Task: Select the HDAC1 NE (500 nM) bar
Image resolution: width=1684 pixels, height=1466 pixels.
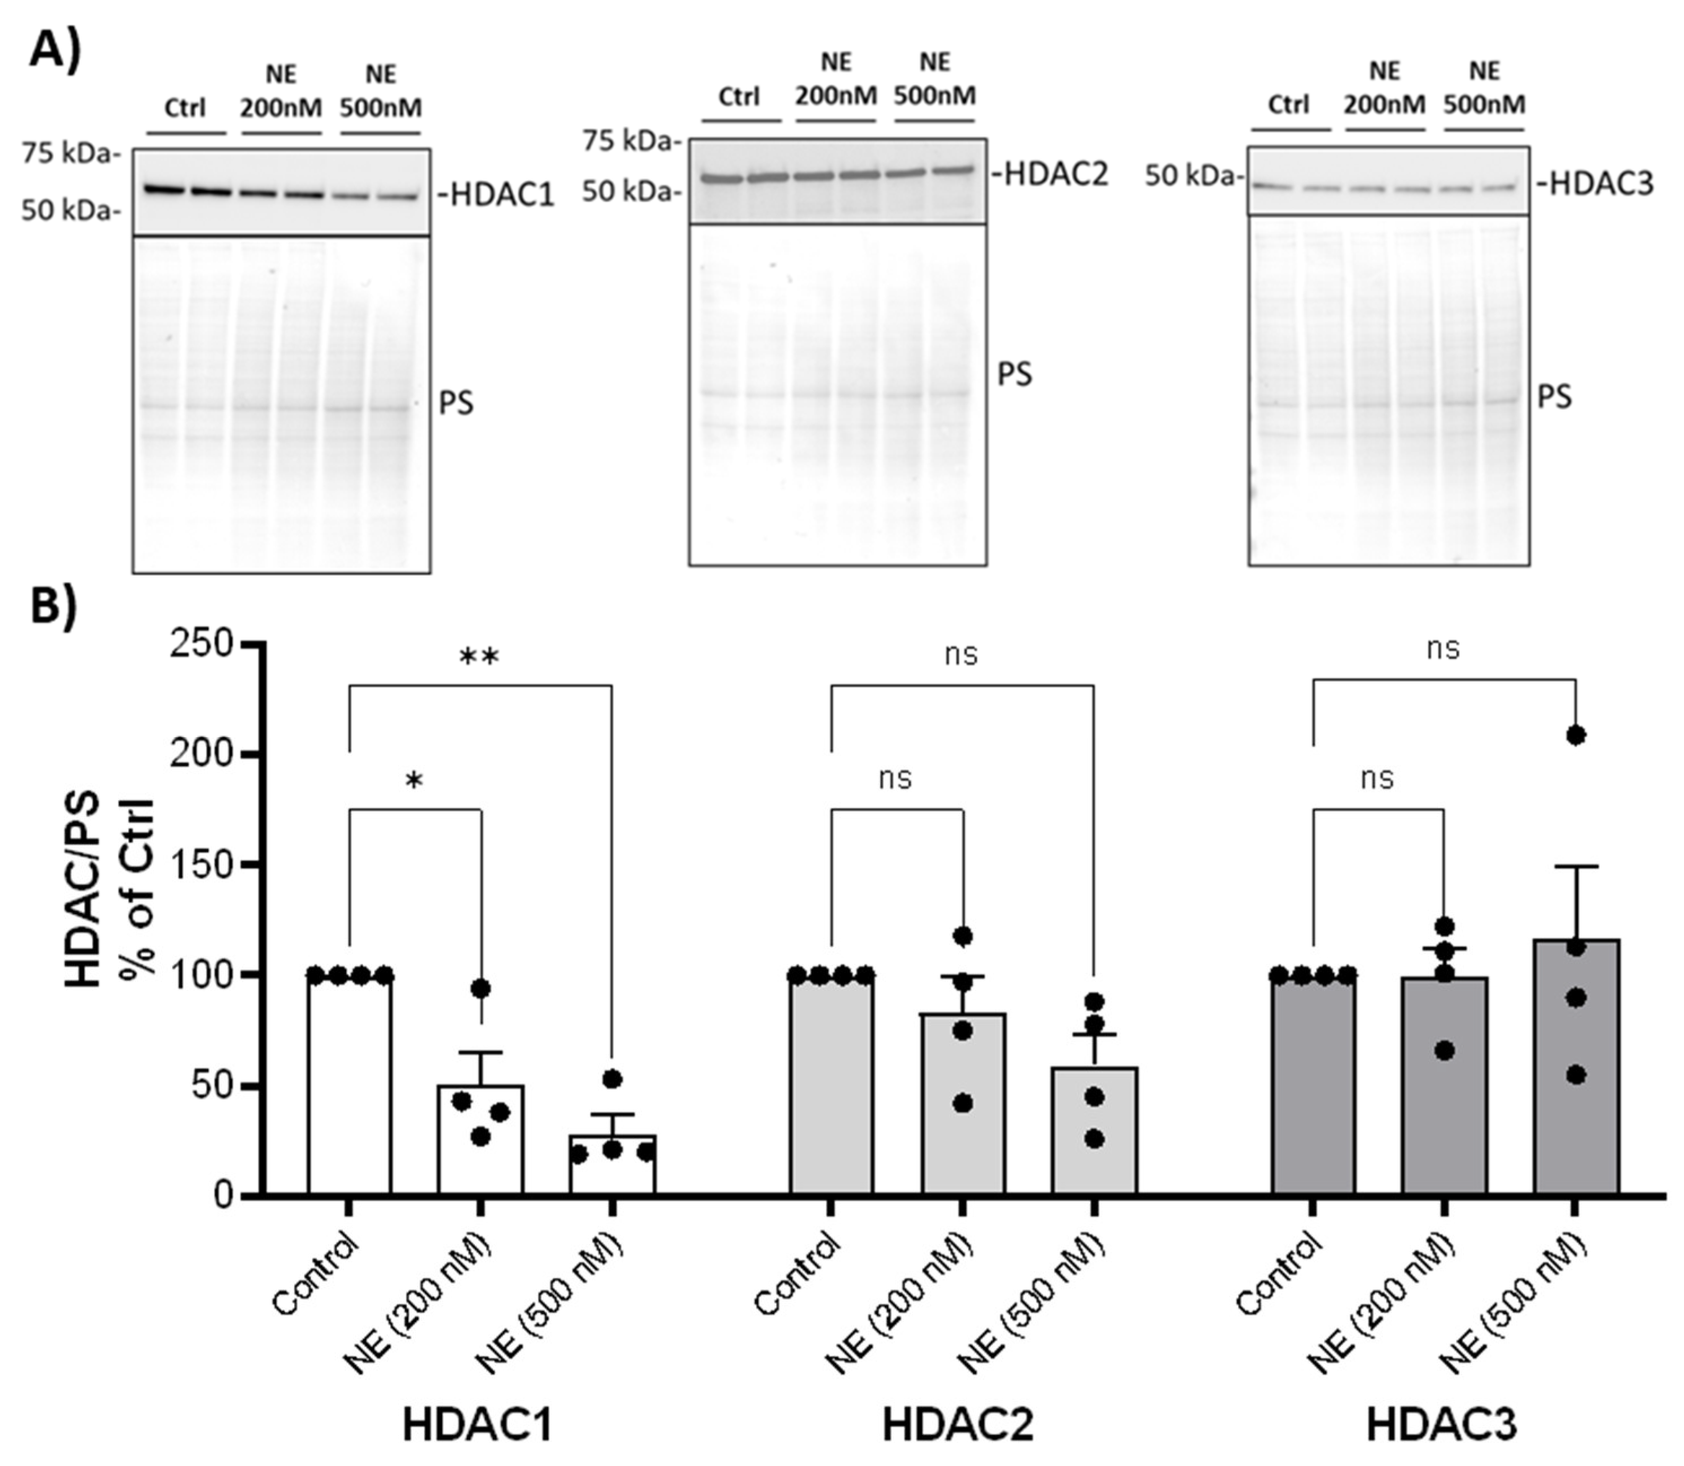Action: tap(612, 1164)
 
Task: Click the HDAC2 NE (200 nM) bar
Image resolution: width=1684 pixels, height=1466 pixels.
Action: tap(963, 1104)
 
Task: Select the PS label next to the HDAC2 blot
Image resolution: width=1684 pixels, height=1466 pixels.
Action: tap(1014, 374)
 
